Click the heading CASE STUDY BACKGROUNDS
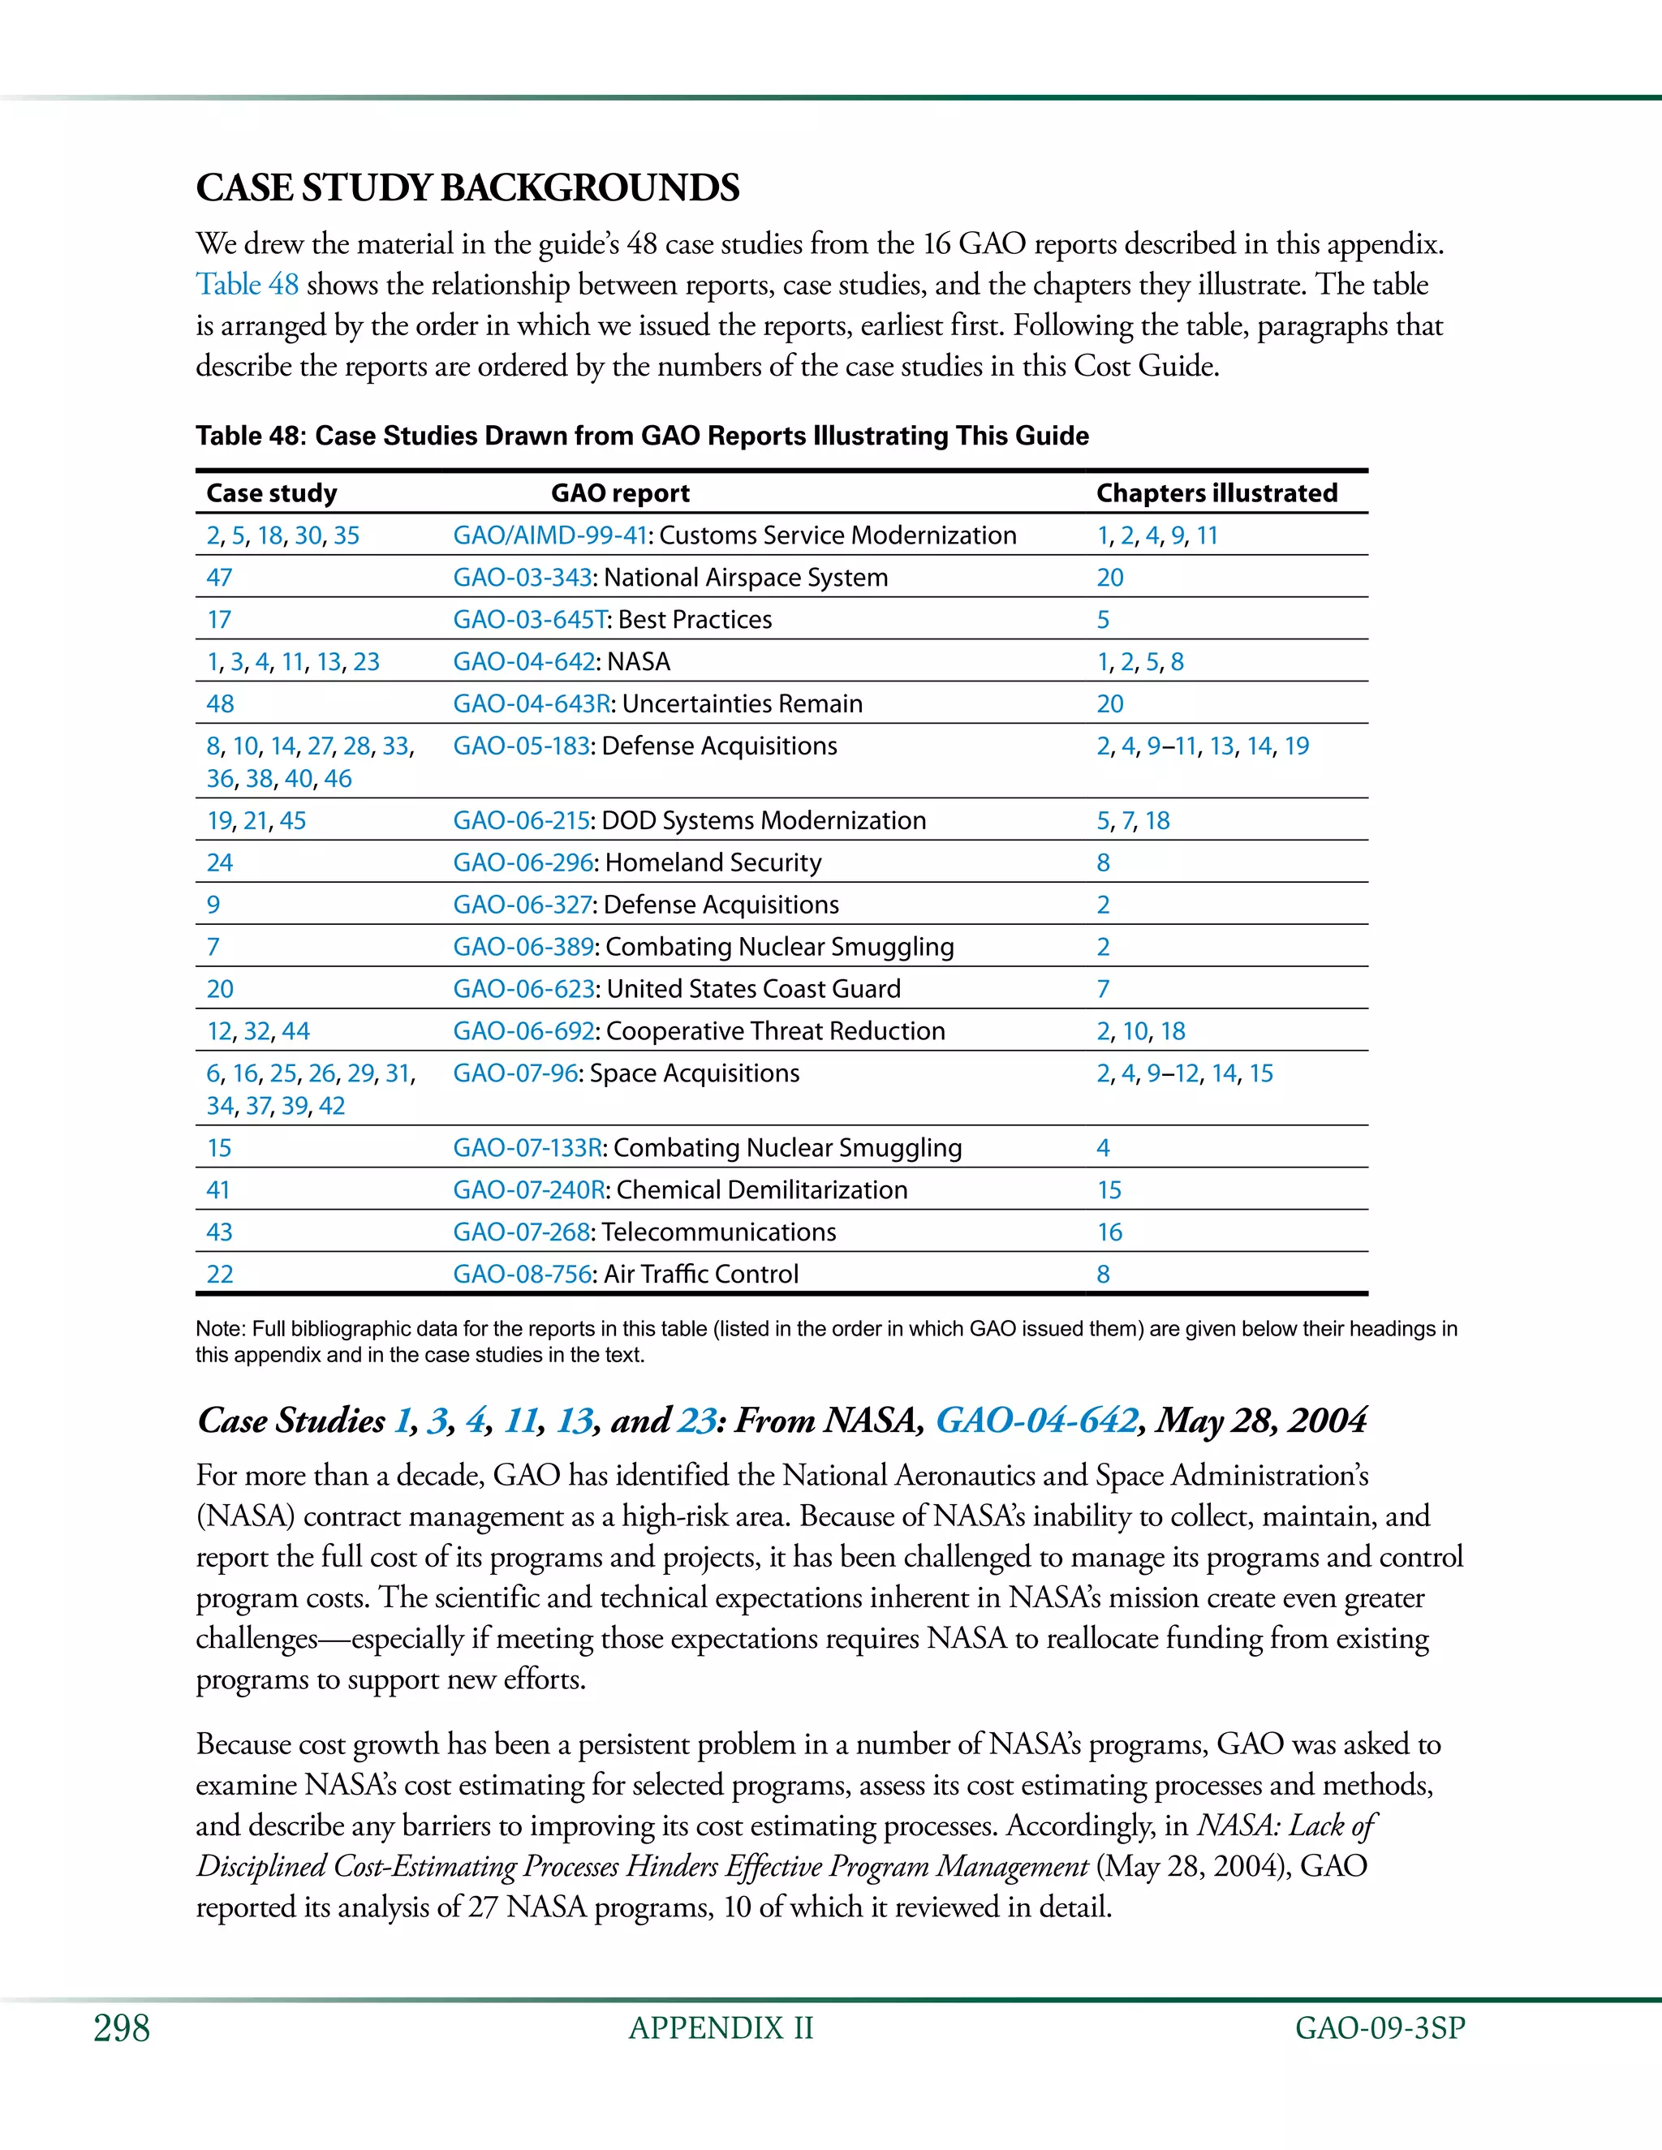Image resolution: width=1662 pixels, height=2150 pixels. (467, 188)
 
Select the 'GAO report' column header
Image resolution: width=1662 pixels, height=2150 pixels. (619, 492)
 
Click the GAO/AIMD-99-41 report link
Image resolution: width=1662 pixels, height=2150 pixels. (549, 535)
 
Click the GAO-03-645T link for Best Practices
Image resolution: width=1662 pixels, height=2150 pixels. (530, 619)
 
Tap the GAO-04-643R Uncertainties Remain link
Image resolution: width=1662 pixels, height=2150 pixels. (532, 704)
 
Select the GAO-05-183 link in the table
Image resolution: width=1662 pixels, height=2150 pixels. (521, 746)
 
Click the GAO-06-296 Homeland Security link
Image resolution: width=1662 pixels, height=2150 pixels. (523, 862)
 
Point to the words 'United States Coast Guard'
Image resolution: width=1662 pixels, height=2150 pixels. (753, 988)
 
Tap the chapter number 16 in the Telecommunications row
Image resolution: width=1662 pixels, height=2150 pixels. (1109, 1232)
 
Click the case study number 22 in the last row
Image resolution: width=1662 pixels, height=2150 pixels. (220, 1274)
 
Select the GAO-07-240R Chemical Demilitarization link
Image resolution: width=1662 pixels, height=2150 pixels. (529, 1189)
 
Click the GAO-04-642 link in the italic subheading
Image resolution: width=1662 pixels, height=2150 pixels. (1036, 1420)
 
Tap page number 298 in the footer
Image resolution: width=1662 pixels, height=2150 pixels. (121, 2028)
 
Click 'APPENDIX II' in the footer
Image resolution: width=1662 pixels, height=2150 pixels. (721, 2028)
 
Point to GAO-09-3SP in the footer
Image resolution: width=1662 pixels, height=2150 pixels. (1380, 2028)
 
